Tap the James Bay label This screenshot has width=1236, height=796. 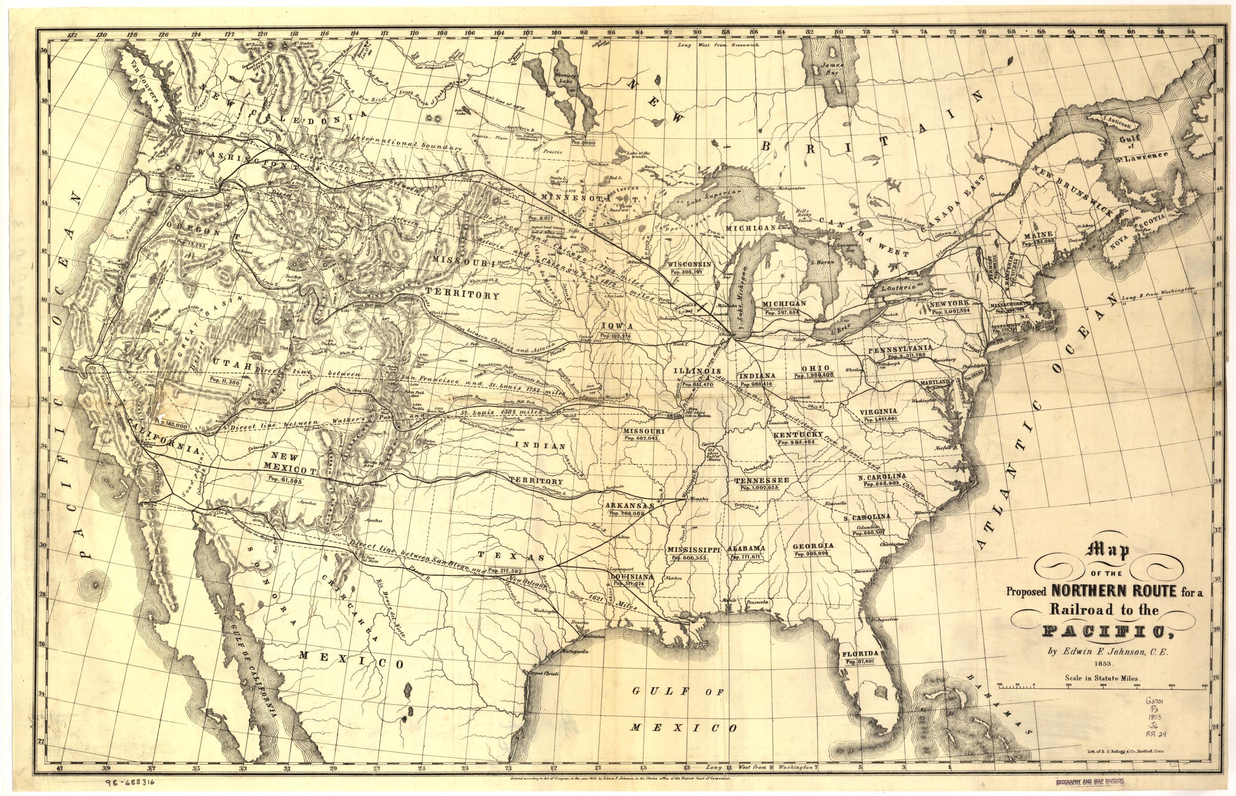(832, 70)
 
